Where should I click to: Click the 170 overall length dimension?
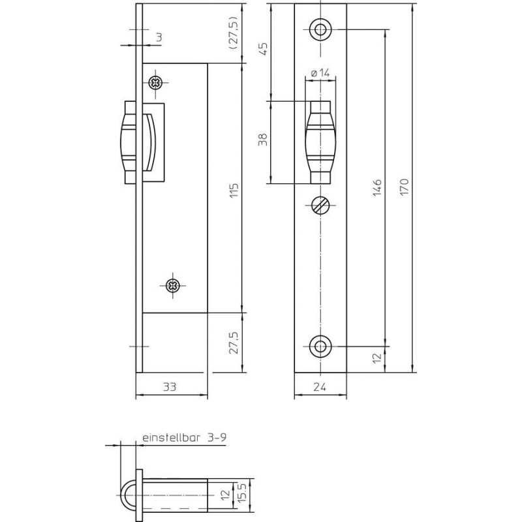point(404,187)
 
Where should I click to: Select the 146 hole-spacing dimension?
point(377,187)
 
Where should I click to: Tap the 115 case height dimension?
point(234,191)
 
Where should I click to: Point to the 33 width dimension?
point(170,386)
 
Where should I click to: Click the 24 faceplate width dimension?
point(320,386)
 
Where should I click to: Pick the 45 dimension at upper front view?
point(263,48)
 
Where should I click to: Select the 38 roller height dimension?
point(263,140)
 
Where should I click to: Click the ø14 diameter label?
point(320,72)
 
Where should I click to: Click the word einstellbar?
point(171,437)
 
